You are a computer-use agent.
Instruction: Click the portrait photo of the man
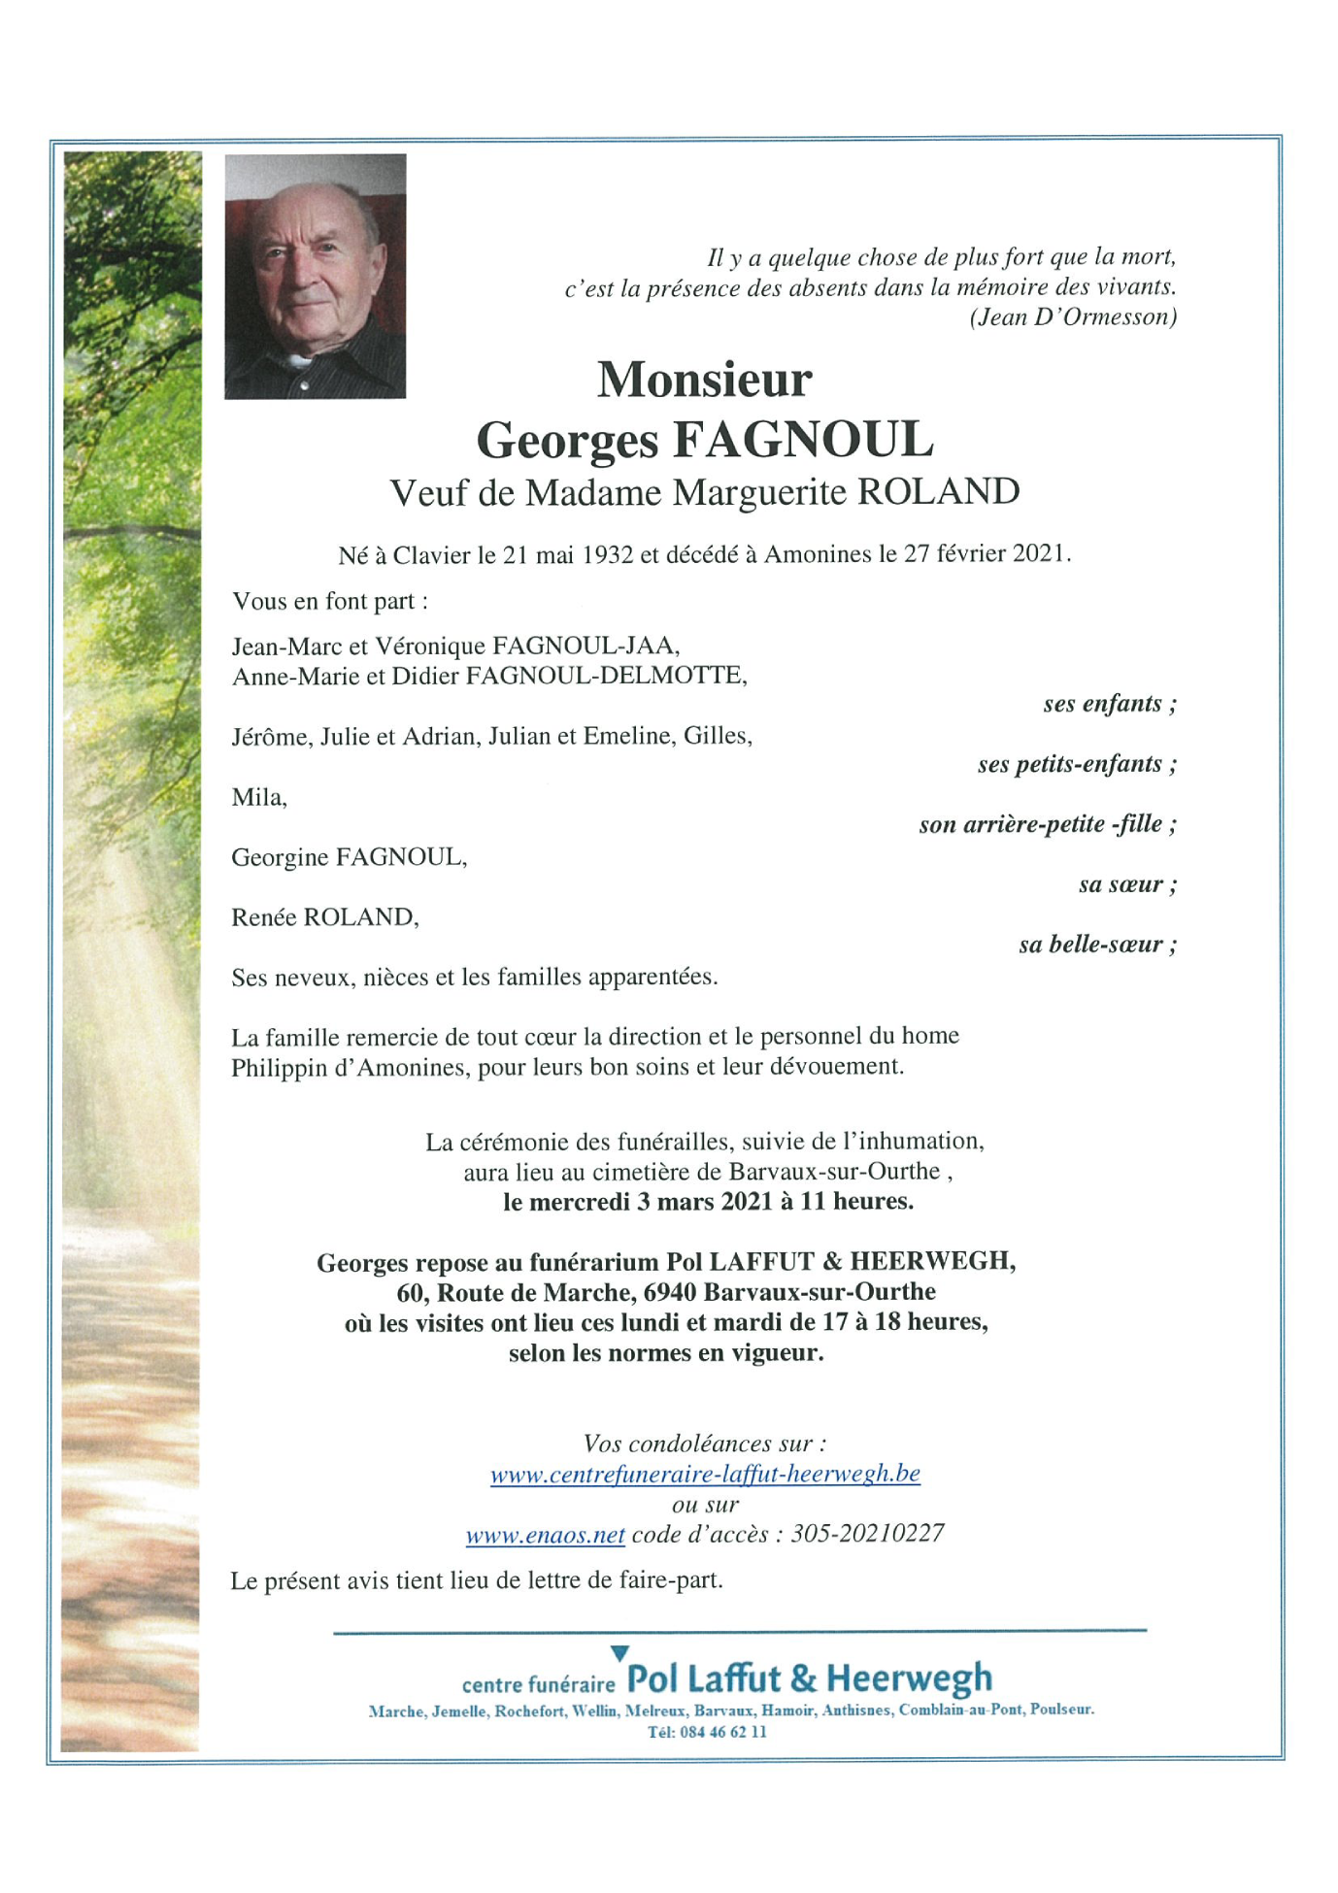[x=315, y=276]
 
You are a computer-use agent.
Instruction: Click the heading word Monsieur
[x=704, y=379]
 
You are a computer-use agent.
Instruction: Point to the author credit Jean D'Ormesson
[x=1073, y=317]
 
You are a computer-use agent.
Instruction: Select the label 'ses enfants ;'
[x=1110, y=704]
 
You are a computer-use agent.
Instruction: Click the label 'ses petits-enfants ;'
[x=1077, y=764]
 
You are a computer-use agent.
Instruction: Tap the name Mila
[x=258, y=798]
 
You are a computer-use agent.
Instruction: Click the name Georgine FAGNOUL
[x=349, y=857]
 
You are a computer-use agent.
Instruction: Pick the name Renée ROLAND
[x=324, y=917]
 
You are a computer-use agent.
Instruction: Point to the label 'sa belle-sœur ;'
[x=1097, y=945]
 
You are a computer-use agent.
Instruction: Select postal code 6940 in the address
[x=670, y=1292]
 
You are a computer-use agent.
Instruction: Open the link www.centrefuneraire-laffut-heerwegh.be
[x=705, y=1474]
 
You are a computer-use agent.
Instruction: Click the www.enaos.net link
[x=545, y=1535]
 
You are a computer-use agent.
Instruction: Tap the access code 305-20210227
[x=867, y=1534]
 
